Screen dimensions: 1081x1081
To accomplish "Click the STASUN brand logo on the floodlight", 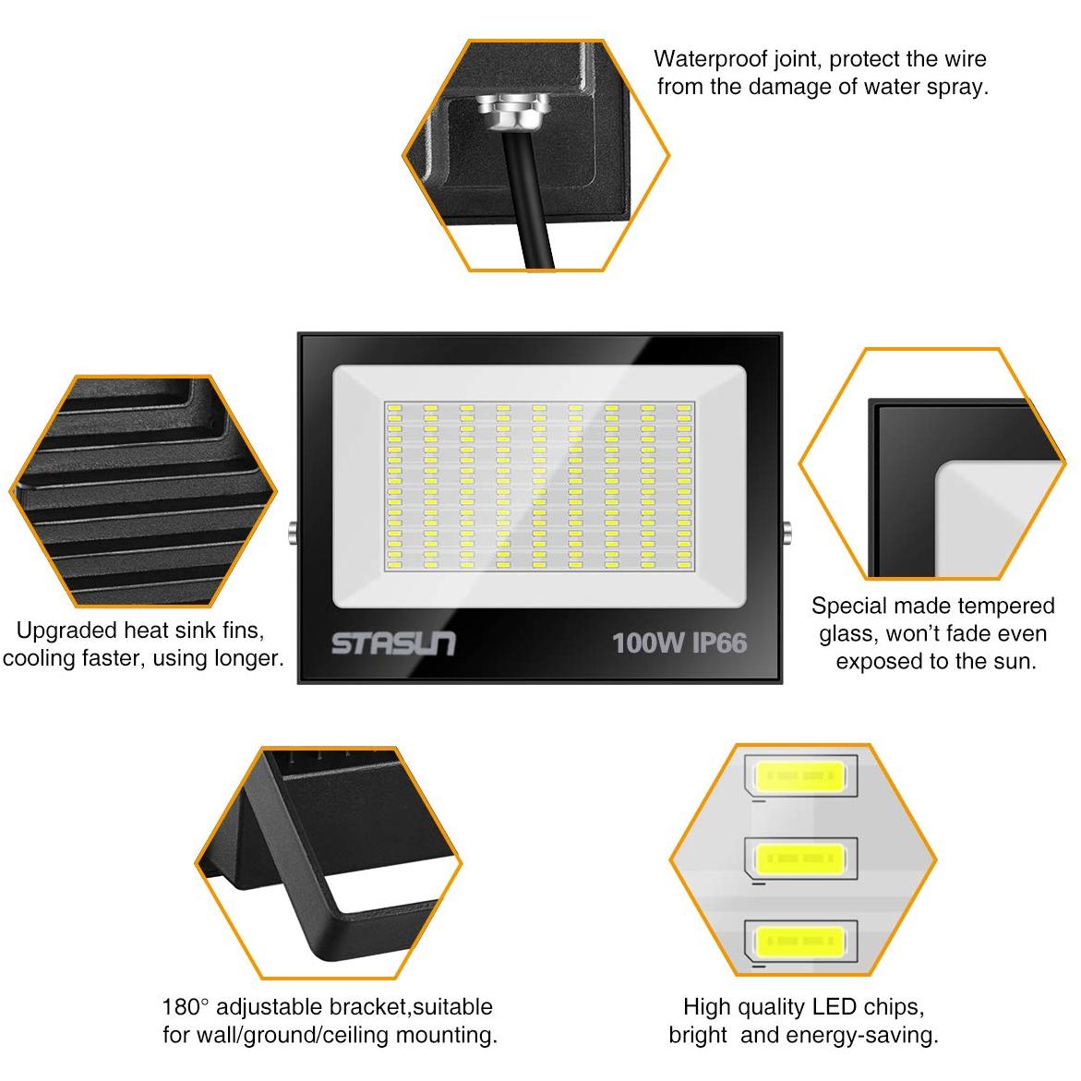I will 393,643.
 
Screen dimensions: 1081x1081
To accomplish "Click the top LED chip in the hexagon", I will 799,776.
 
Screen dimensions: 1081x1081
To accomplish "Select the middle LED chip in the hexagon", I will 799,859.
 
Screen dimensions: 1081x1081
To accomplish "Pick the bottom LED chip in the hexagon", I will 799,942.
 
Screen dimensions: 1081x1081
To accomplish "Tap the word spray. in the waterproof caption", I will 957,88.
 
